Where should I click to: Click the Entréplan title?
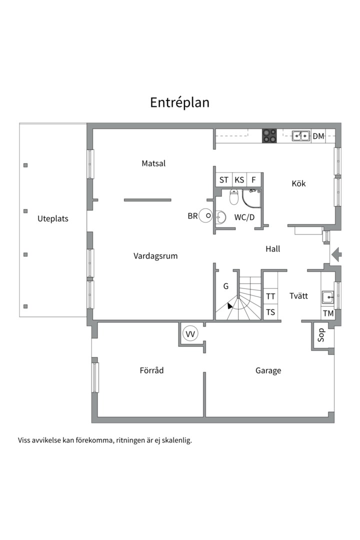click(x=179, y=102)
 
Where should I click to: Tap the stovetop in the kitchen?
click(x=269, y=135)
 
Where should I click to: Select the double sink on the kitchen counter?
click(x=300, y=135)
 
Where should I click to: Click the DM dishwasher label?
click(x=318, y=136)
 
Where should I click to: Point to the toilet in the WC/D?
click(x=234, y=196)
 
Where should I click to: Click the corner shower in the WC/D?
click(x=251, y=198)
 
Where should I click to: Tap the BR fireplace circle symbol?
click(x=205, y=215)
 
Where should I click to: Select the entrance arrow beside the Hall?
click(x=336, y=255)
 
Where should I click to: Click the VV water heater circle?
click(x=190, y=333)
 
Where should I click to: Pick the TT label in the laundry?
click(x=270, y=296)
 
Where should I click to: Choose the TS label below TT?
click(x=270, y=312)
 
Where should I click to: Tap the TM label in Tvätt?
click(x=328, y=313)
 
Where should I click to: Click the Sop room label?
click(x=321, y=334)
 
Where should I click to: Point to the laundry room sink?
click(x=327, y=297)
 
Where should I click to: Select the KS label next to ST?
click(x=239, y=180)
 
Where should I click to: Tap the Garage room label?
click(x=268, y=370)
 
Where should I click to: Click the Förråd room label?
click(x=151, y=370)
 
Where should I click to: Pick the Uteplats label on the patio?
click(x=52, y=218)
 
